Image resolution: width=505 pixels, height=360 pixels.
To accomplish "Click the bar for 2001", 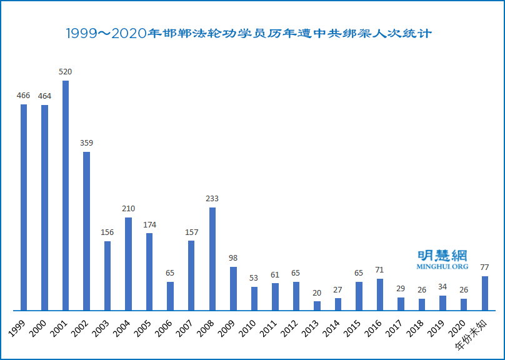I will click(x=66, y=195).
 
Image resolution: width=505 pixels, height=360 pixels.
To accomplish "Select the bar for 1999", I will click(x=24, y=207).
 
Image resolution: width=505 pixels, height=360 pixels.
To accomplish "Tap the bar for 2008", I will click(x=212, y=259).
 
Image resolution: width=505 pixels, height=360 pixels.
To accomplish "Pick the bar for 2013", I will click(x=317, y=306).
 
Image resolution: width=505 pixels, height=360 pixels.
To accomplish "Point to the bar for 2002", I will click(x=86, y=231).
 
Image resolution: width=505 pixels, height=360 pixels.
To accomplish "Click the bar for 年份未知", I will click(x=484, y=293).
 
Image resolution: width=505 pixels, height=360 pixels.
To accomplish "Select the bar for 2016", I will click(x=380, y=294).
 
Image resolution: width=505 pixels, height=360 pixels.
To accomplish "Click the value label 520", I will click(x=66, y=72).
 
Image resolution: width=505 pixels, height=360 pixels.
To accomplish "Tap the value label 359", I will click(x=86, y=143).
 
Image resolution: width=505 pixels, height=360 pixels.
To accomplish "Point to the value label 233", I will click(x=212, y=199).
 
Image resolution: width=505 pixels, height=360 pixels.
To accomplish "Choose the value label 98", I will click(x=233, y=258).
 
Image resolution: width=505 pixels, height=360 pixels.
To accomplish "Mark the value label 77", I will click(x=484, y=267).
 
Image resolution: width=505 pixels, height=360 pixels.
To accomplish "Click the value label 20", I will click(x=317, y=292).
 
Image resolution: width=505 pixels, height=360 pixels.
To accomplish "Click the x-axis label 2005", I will click(x=144, y=326).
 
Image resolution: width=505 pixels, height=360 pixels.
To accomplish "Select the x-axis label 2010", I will click(x=249, y=326).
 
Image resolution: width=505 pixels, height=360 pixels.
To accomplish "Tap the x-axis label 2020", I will click(x=458, y=326).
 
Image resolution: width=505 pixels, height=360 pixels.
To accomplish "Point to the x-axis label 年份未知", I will click(x=477, y=329).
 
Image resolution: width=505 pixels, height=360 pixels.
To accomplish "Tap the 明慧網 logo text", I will click(x=442, y=255).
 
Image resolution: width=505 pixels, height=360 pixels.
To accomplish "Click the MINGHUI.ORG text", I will click(x=442, y=267).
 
